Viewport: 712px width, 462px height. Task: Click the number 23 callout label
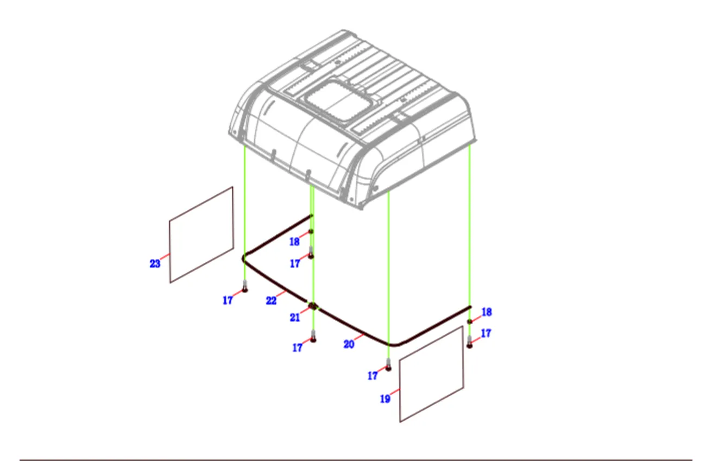click(155, 264)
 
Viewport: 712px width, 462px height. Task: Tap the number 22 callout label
click(271, 301)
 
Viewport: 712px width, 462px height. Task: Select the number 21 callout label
click(295, 318)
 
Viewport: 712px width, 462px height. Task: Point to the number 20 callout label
click(349, 344)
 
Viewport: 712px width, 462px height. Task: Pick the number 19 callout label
click(385, 399)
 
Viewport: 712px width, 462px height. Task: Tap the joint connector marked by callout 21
click(313, 306)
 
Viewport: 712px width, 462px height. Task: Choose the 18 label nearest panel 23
click(294, 242)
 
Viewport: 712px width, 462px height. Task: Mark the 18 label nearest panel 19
click(487, 312)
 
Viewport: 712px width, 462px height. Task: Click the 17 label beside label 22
click(228, 300)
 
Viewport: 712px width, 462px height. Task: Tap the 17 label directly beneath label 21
click(297, 347)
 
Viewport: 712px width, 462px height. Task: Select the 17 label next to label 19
click(373, 376)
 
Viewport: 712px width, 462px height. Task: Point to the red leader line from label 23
click(165, 256)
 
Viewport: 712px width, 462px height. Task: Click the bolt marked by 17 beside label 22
click(245, 286)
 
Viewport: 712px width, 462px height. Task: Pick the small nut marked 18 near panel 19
click(469, 321)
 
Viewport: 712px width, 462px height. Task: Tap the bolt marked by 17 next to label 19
click(388, 365)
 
